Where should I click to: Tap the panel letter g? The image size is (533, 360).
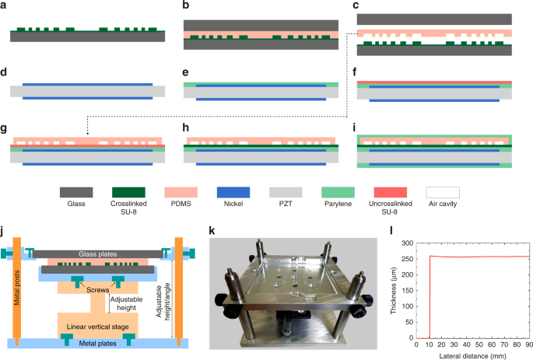pos(5,125)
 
